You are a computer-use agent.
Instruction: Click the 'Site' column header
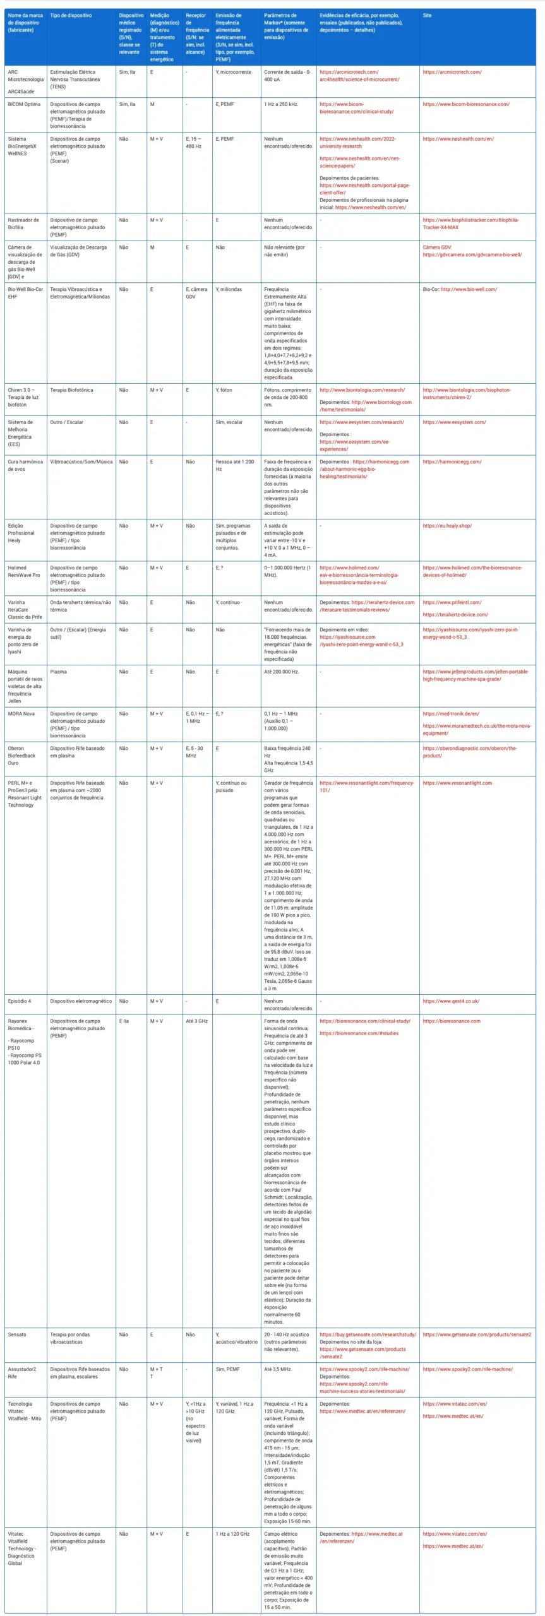click(428, 15)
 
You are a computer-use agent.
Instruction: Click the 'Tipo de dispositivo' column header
click(71, 15)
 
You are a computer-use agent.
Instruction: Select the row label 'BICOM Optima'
click(24, 104)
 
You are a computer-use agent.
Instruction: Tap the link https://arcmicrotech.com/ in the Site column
click(452, 72)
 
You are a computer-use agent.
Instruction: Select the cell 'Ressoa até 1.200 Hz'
click(233, 465)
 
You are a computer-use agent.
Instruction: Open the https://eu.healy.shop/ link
click(447, 526)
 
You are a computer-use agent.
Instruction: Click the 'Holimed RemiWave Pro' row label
click(24, 571)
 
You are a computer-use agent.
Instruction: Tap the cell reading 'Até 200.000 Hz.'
click(282, 672)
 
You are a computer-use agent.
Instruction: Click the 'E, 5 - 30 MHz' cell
click(195, 752)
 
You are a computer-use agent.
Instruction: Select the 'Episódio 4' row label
click(20, 1001)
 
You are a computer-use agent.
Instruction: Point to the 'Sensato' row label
click(17, 1334)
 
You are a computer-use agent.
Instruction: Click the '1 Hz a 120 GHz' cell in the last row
click(232, 1534)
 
